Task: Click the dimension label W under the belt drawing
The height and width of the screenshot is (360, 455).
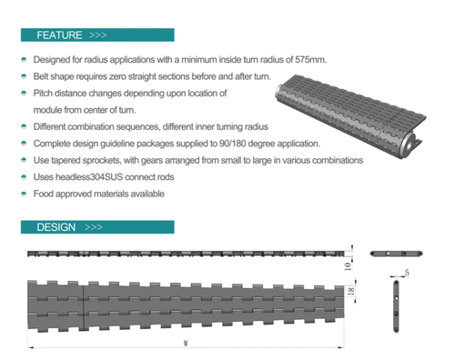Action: click(186, 344)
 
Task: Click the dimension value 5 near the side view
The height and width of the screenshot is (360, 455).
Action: click(406, 272)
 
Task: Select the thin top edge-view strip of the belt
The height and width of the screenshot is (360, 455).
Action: click(187, 252)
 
